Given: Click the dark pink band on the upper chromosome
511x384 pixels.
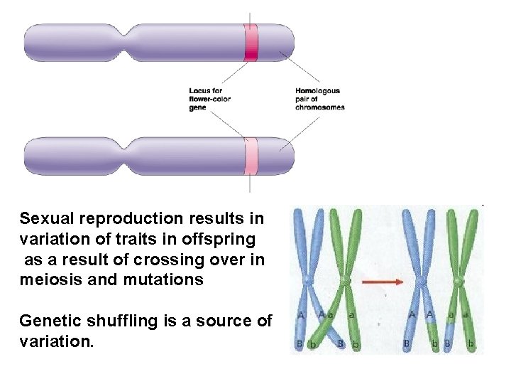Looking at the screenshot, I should point(251,42).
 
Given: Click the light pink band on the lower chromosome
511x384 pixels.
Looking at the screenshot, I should point(251,155).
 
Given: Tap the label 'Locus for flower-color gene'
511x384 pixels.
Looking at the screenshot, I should point(209,99).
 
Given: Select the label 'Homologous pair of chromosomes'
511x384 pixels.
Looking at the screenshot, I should point(319,99).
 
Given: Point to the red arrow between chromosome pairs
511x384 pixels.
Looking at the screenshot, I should point(383,282).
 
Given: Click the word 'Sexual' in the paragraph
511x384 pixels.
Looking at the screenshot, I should point(44,217).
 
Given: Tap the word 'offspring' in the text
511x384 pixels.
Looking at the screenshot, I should point(223,238).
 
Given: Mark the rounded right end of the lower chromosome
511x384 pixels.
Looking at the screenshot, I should point(289,155).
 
